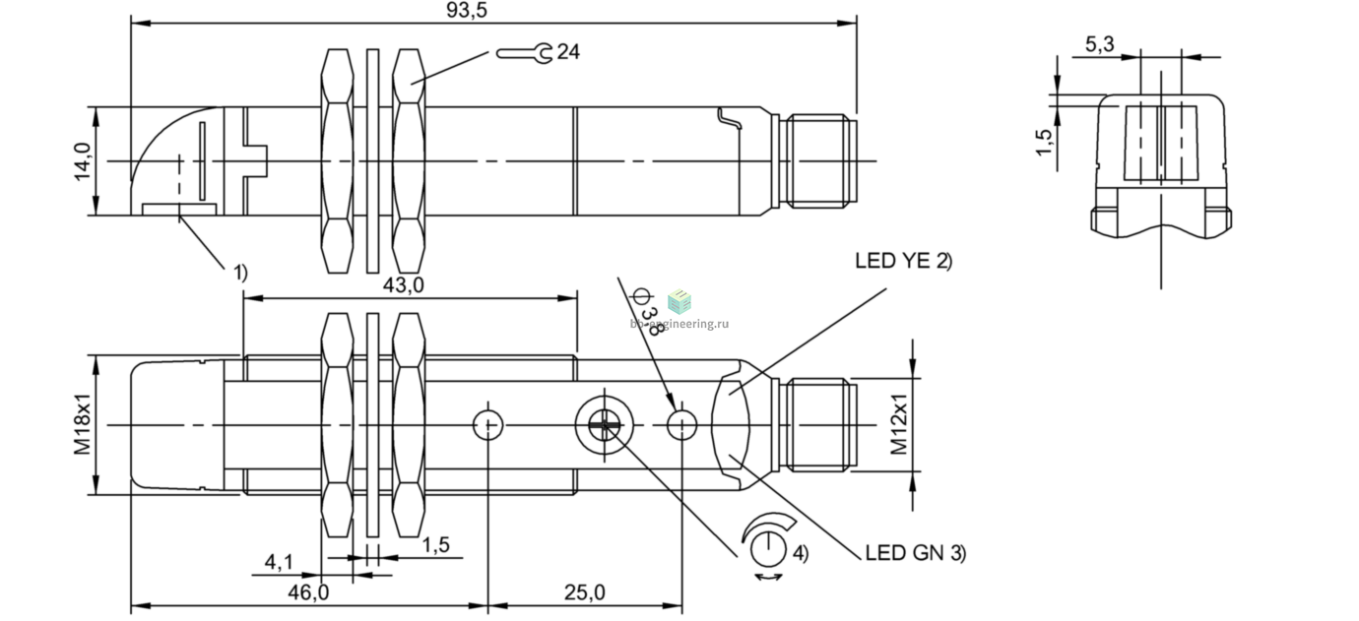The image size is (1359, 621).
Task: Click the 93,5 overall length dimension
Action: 467,10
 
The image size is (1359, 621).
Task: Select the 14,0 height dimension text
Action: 82,161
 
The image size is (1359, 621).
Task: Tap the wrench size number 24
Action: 568,52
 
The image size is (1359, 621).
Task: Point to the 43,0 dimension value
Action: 404,285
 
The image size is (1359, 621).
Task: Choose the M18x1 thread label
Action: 82,424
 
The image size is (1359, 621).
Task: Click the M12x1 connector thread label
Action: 898,424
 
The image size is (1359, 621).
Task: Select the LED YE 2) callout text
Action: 903,261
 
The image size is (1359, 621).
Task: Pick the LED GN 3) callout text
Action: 916,553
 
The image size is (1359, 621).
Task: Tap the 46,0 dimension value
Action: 308,592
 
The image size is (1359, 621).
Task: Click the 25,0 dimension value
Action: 585,592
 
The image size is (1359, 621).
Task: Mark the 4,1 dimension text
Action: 279,563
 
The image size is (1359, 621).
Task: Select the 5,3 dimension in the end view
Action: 1099,44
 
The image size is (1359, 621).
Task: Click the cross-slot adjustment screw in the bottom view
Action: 605,425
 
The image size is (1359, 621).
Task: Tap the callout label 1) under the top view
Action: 241,273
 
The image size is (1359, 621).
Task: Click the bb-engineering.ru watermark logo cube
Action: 679,301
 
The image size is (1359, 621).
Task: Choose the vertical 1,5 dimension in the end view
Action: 1044,142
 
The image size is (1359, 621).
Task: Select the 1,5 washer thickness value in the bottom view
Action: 436,545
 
